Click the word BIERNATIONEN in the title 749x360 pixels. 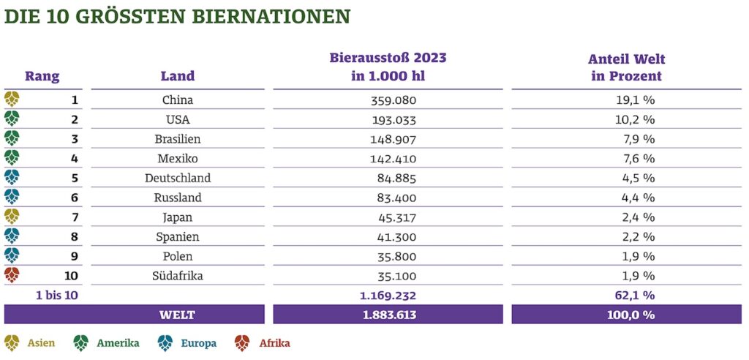[x=268, y=16]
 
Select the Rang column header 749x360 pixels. [x=42, y=75]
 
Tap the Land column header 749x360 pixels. [x=177, y=75]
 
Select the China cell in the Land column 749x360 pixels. [x=177, y=100]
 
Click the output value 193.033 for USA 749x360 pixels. [x=388, y=119]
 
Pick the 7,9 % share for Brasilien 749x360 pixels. [x=626, y=139]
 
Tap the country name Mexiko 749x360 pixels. [x=177, y=159]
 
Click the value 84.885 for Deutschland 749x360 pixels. [x=388, y=178]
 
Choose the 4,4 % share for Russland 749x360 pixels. [x=626, y=198]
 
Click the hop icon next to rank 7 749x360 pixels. [x=12, y=217]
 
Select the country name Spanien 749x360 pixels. [x=177, y=237]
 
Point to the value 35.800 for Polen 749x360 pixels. [x=388, y=256]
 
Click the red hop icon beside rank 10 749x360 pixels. [x=12, y=275]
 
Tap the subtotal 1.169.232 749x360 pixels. [x=388, y=295]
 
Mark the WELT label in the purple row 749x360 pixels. [x=177, y=315]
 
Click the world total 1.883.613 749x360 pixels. [x=388, y=315]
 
